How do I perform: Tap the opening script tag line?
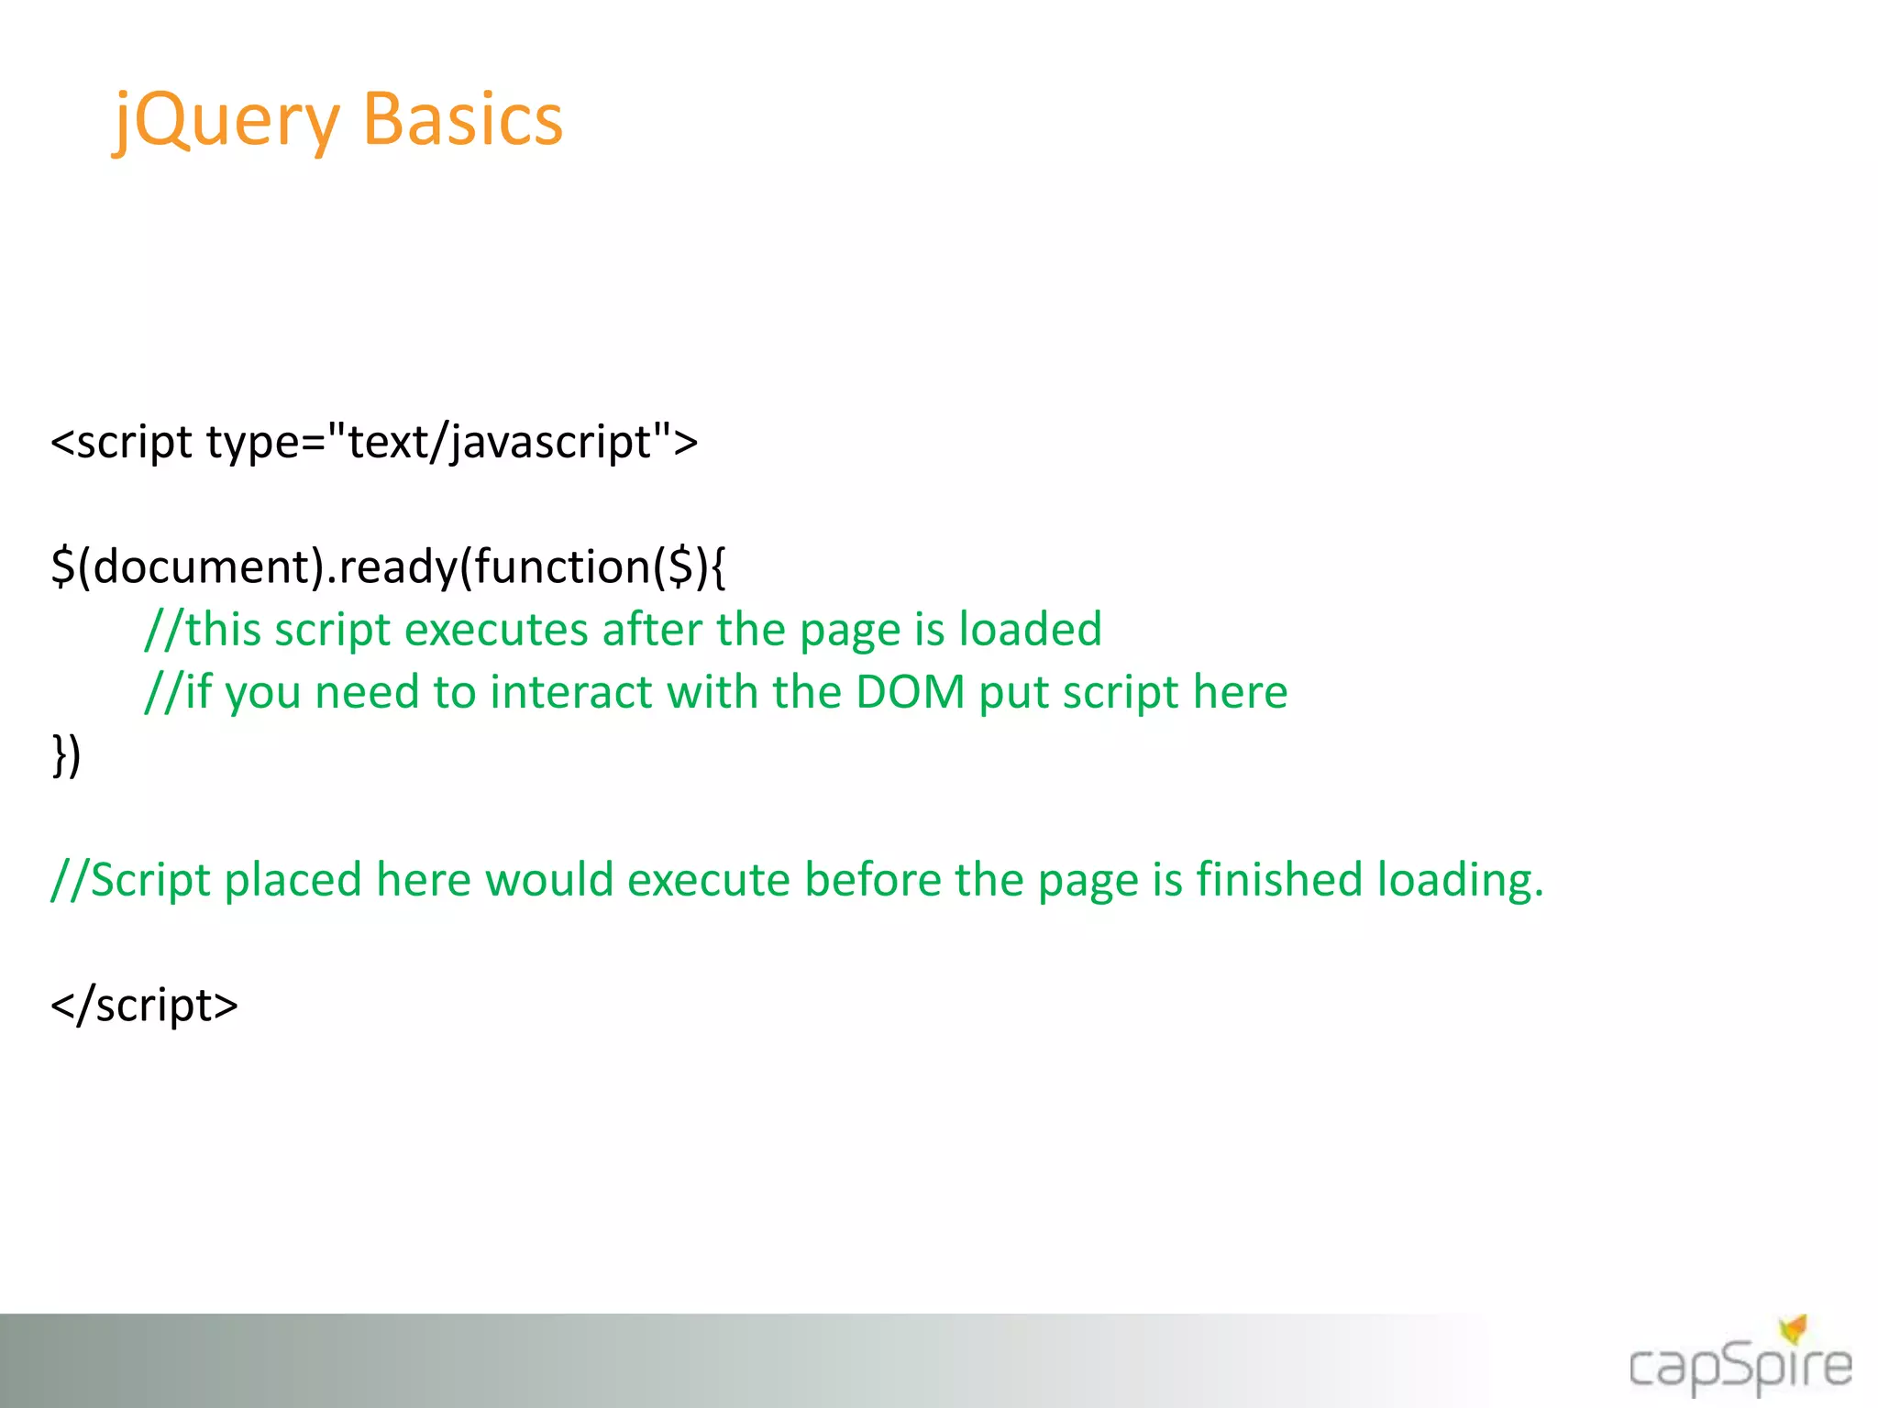point(374,443)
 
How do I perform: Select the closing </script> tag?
point(145,1006)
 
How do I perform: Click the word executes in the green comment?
point(496,631)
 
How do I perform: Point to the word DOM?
point(910,692)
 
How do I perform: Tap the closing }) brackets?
point(66,755)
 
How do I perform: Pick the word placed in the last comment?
point(293,880)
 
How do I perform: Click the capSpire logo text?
point(1740,1369)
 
